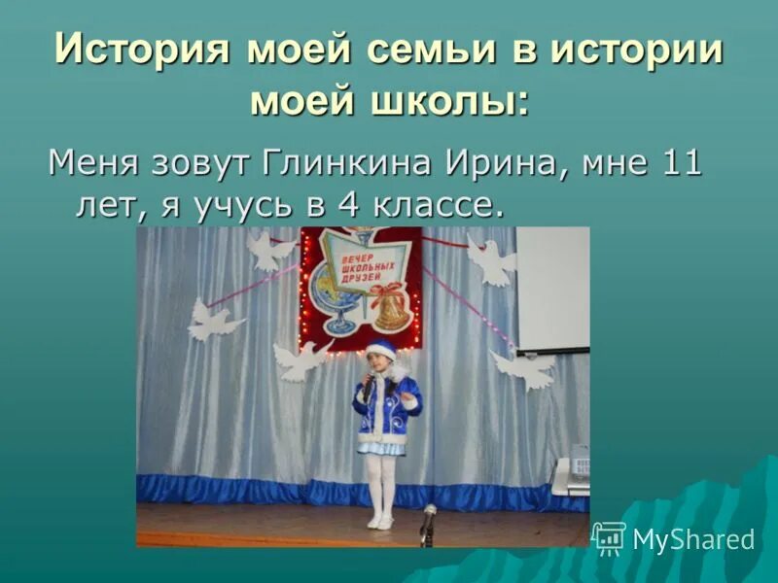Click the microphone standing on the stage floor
[x=428, y=521]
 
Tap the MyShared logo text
[x=693, y=539]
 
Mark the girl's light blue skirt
[x=381, y=445]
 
